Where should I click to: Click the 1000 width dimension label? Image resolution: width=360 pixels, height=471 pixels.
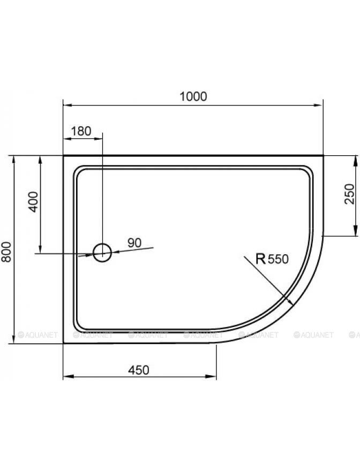tap(193, 96)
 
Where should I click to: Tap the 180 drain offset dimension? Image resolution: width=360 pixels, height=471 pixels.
tap(81, 131)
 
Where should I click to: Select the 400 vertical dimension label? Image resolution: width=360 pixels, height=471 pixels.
tap(33, 202)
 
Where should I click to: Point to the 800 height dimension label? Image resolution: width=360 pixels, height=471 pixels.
tap(6, 252)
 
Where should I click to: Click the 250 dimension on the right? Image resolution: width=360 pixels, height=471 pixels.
tap(349, 194)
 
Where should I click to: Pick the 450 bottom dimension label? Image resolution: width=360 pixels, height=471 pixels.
tap(139, 370)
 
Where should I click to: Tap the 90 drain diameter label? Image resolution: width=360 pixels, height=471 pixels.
tap(134, 242)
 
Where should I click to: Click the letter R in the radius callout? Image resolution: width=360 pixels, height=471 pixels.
tap(261, 259)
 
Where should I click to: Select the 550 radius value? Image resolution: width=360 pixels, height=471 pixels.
tap(278, 259)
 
